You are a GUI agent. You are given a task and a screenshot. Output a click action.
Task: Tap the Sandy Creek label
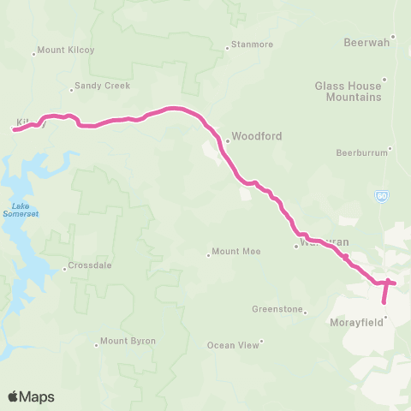point(100,86)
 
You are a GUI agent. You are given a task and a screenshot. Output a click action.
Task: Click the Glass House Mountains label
point(348,92)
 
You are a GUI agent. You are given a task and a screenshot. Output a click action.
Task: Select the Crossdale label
point(91,265)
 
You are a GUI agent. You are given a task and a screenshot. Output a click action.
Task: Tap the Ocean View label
point(233,345)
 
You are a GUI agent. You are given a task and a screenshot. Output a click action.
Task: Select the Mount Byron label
point(128,341)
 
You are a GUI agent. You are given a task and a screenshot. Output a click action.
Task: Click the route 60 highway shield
point(382,196)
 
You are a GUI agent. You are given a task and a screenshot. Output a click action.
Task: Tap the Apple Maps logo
point(32,396)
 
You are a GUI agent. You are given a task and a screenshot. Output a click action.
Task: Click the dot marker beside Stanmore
point(227,48)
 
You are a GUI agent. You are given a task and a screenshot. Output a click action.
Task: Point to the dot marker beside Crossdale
point(64,269)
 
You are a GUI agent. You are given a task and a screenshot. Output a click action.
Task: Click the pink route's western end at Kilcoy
point(14,130)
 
